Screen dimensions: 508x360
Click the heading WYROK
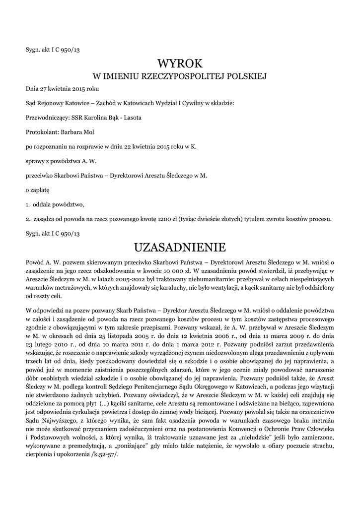tap(180, 63)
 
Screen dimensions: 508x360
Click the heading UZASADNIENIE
tap(180, 247)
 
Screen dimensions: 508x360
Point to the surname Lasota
tap(132, 118)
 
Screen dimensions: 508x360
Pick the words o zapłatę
tap(37, 190)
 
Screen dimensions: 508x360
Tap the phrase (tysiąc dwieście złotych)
tap(213, 219)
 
